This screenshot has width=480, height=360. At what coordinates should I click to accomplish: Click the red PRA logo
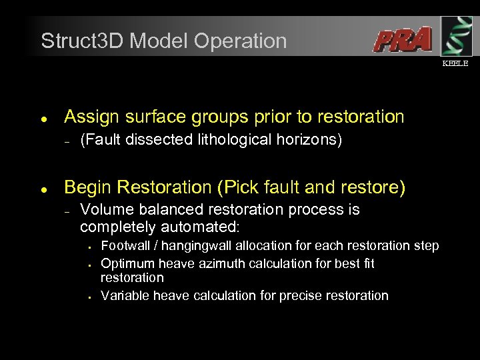(x=402, y=39)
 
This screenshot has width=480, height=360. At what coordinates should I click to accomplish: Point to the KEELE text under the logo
(x=456, y=63)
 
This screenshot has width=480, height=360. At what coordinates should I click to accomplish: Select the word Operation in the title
(x=241, y=41)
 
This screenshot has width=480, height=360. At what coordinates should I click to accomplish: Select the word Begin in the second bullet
(x=85, y=189)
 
